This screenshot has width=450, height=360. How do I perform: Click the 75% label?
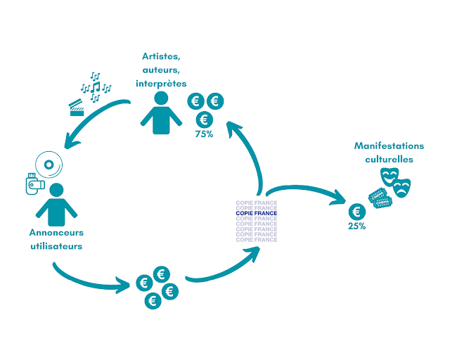205,134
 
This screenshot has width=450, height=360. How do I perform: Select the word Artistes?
161,57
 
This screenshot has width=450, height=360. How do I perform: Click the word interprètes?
161,84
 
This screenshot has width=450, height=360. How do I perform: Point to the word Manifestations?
389,146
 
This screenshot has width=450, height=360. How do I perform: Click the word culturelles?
389,160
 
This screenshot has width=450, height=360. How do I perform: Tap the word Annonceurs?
56,233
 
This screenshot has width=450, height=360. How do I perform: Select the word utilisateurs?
56,246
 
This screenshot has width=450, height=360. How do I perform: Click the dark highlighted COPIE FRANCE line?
257,213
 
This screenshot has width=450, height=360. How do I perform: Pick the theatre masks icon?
394,181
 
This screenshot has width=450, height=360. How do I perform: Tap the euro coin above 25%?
358,211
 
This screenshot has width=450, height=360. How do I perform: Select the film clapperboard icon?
77,108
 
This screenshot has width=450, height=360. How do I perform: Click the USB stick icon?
34,184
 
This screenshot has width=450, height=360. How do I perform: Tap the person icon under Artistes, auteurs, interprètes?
162,112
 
